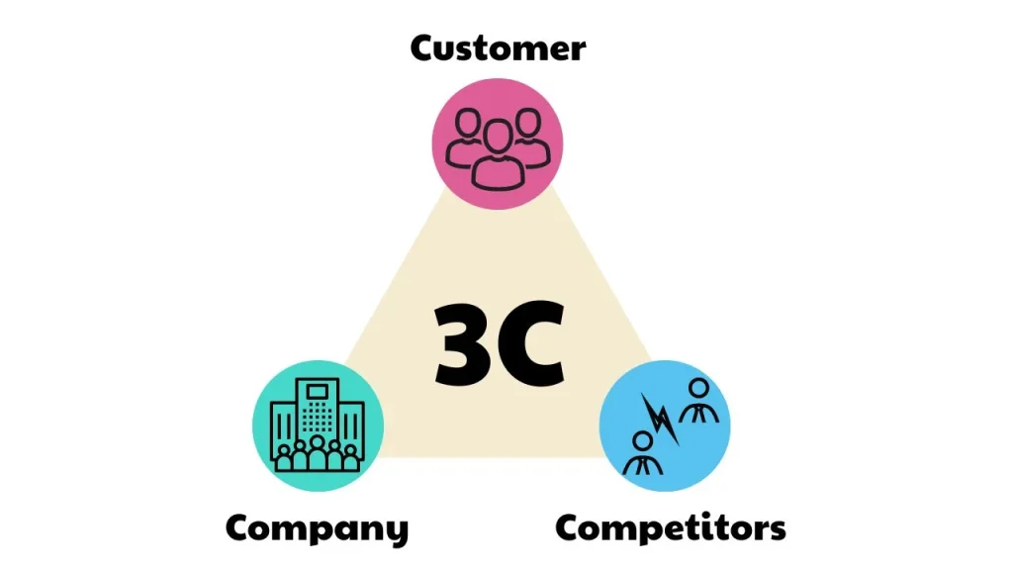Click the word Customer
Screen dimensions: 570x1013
[x=498, y=47]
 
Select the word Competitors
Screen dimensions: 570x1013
[x=670, y=527]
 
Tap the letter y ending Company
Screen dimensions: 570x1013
[x=396, y=531]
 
